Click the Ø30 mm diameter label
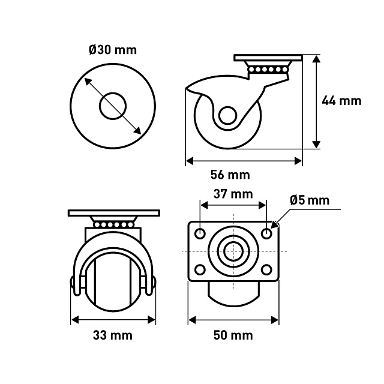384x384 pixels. (x=113, y=50)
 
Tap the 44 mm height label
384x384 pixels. (x=341, y=101)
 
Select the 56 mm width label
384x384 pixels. (x=230, y=175)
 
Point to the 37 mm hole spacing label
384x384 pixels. (x=233, y=194)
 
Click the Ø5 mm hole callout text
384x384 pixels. (x=310, y=200)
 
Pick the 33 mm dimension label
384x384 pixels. (x=113, y=335)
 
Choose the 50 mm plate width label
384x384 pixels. (x=233, y=335)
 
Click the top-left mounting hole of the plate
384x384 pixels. (x=200, y=233)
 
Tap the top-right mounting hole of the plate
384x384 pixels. (x=266, y=233)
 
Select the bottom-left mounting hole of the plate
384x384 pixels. (x=200, y=269)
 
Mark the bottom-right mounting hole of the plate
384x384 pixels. (x=266, y=269)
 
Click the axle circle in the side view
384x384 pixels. (x=228, y=116)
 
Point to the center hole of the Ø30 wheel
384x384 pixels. (x=113, y=106)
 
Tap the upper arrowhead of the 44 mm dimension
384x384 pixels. (x=316, y=59)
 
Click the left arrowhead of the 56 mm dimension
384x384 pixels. (x=190, y=161)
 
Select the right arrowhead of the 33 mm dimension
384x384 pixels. (x=152, y=320)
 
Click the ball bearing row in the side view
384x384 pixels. (x=268, y=70)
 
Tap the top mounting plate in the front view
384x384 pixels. (x=114, y=213)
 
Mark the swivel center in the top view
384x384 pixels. (x=233, y=251)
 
